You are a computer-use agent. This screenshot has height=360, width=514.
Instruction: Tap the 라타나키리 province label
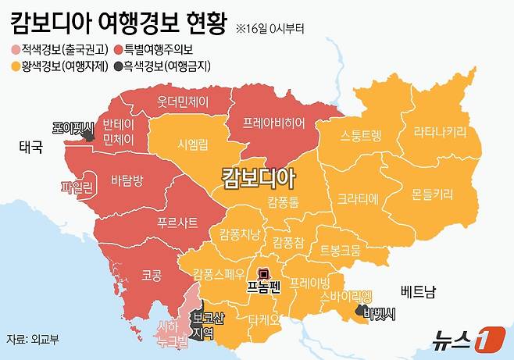[441, 130]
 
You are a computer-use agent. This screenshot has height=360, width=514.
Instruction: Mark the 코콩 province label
[151, 275]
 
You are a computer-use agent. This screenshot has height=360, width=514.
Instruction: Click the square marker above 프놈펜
[264, 274]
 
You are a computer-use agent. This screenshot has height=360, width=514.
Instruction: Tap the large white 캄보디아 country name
[259, 178]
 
